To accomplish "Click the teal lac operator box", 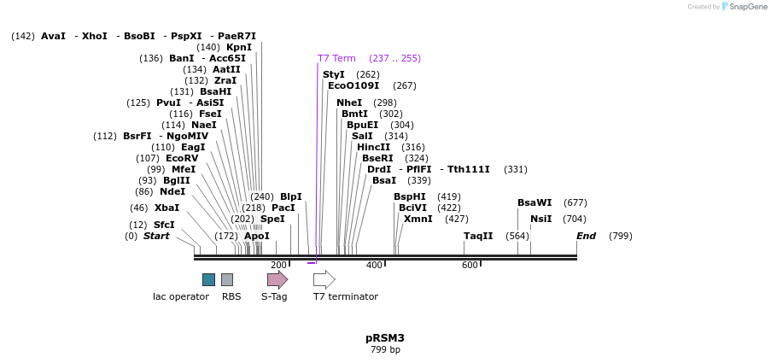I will tap(208, 279).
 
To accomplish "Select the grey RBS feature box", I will tap(227, 279).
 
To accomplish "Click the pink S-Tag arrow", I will tap(277, 279).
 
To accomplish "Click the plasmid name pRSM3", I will tap(385, 338).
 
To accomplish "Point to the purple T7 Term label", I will tap(336, 58).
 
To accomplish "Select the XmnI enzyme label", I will tap(418, 219).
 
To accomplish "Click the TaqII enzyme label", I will tap(478, 236).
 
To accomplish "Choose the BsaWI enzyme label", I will tap(534, 202).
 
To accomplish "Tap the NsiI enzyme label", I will tap(541, 219).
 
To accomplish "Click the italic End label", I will tap(586, 236).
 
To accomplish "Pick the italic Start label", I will tap(156, 236).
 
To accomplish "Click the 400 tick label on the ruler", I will tap(374, 266).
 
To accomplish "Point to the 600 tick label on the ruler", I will tap(470, 266).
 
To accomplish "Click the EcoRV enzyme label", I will tap(182, 158).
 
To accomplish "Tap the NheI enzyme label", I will tap(349, 102).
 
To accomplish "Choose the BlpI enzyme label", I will tap(291, 196).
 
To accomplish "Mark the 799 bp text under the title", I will tap(385, 350).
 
